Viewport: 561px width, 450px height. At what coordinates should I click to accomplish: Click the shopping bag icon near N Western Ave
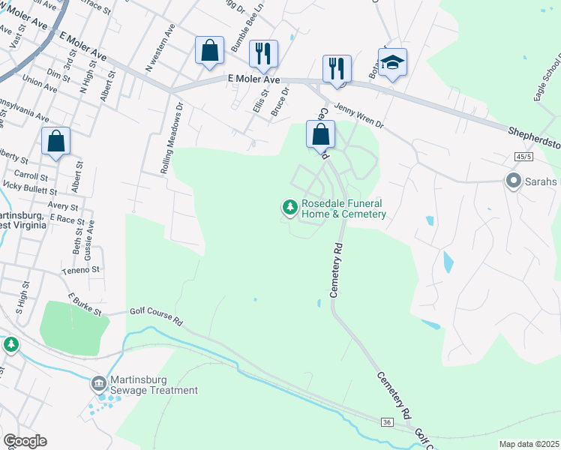(210, 51)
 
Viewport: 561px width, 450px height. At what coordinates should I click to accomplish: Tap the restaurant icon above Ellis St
(262, 53)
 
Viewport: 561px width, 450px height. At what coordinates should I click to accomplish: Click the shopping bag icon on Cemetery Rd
(320, 134)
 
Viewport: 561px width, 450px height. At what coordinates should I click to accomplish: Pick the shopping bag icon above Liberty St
(55, 140)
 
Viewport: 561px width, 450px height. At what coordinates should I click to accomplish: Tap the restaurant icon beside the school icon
(337, 68)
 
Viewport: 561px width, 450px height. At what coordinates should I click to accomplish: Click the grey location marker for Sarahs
(514, 181)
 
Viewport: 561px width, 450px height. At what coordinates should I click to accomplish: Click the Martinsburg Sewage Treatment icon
(98, 384)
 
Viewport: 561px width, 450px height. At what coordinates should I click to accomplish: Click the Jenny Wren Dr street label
(358, 116)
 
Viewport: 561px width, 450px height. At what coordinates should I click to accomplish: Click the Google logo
(25, 441)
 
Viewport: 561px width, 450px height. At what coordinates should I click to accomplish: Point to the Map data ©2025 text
(528, 444)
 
